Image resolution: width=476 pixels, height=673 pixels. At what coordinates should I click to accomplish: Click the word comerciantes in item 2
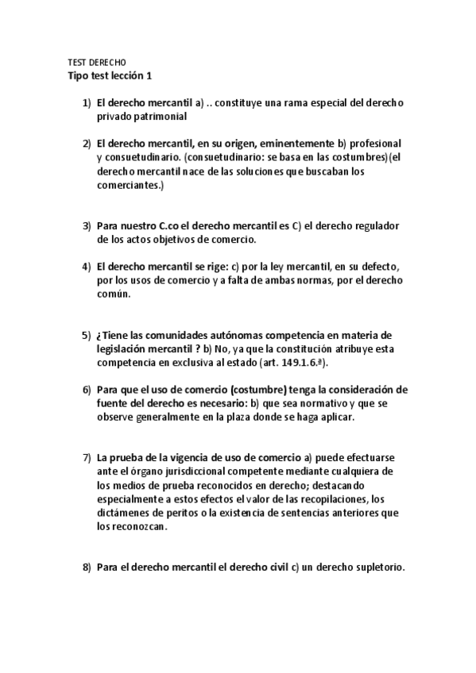[126, 184]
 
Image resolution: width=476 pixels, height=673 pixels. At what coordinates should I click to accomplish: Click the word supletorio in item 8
[377, 567]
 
